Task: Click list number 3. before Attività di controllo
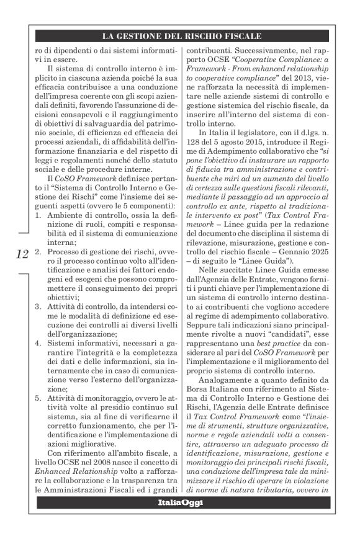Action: tap(38, 306)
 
